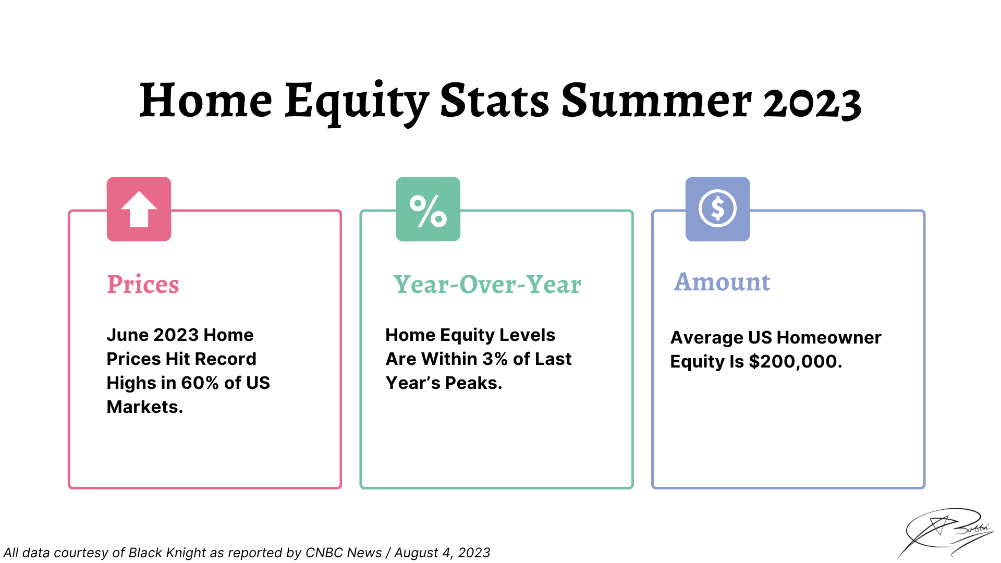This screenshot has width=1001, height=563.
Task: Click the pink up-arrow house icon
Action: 139,209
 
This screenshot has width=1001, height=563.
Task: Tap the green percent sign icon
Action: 428,209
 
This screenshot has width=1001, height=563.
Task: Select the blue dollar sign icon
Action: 717,209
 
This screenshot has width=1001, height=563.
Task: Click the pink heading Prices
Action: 143,285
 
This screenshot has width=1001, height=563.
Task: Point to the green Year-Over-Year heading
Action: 487,285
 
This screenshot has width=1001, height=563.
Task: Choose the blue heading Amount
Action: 722,282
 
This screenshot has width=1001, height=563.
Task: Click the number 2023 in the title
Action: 812,102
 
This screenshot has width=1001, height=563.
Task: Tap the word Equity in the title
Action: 357,103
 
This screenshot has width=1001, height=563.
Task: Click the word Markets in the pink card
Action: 144,407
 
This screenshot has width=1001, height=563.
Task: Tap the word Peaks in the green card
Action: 473,383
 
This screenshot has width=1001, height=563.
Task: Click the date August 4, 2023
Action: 442,553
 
